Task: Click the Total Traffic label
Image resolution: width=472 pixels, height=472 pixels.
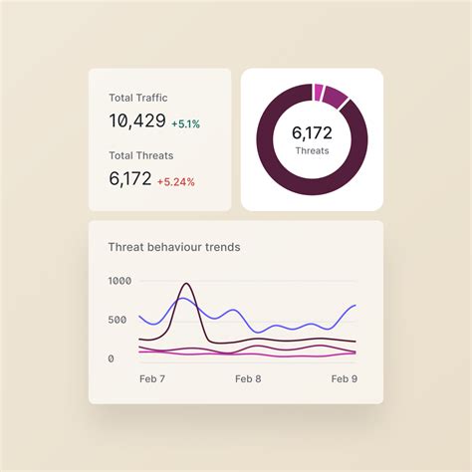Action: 138,98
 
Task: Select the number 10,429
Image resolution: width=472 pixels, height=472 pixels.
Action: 136,121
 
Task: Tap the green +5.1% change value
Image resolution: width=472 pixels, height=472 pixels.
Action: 185,124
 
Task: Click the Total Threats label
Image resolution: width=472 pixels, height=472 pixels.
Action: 140,155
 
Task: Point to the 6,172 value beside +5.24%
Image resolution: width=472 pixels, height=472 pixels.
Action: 129,179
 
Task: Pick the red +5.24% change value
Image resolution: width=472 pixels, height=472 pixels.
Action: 176,182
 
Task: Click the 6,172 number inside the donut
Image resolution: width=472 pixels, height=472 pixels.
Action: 312,132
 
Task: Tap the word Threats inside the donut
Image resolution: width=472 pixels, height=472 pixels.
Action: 312,151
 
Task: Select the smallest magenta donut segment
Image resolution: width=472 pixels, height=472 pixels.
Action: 318,93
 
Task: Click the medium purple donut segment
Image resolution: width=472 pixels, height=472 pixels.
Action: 336,98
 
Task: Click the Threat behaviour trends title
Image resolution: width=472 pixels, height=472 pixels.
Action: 173,247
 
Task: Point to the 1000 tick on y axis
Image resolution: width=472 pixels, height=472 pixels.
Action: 118,281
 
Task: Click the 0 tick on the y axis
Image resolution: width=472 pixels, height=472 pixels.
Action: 112,358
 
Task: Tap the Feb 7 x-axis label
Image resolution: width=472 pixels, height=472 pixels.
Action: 151,379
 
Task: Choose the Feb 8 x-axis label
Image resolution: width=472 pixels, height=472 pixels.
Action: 248,379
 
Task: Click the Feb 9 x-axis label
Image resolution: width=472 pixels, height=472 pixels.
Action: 345,379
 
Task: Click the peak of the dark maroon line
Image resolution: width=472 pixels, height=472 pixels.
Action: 186,285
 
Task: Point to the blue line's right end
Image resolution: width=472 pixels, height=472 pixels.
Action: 355,306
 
